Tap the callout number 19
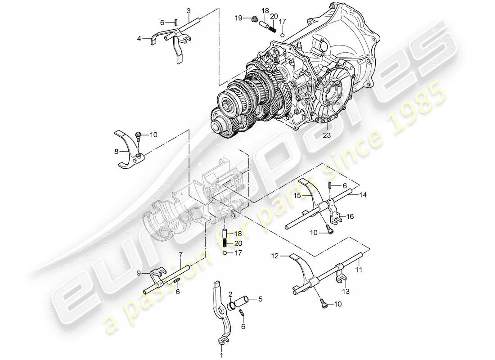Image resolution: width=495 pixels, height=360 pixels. (x=238, y=18)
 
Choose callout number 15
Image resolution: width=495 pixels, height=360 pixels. (x=297, y=195)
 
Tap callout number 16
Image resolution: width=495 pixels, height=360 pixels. (x=350, y=216)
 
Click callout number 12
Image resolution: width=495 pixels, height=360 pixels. (x=275, y=256)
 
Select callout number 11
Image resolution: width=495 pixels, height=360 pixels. (x=359, y=271)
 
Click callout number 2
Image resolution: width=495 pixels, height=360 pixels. (x=230, y=294)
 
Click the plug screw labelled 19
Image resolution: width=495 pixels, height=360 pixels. (x=254, y=19)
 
